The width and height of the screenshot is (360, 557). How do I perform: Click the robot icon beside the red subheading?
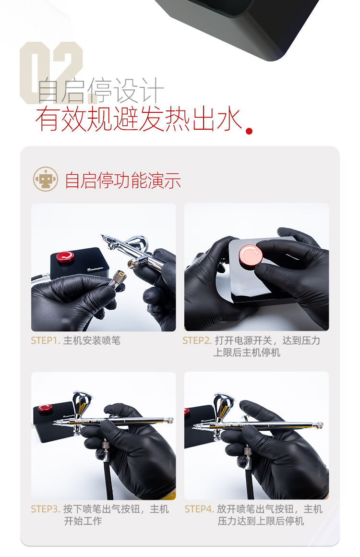click(46, 179)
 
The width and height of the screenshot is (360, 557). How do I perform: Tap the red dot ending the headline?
click(249, 131)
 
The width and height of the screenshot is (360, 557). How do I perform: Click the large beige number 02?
click(51, 73)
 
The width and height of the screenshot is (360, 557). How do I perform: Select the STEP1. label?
click(46, 340)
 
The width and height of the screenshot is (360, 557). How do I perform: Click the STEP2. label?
click(197, 340)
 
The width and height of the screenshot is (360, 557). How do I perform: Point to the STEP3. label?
click(46, 509)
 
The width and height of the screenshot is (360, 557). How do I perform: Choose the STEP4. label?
click(199, 509)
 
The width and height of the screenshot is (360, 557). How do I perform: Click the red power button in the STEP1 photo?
click(65, 256)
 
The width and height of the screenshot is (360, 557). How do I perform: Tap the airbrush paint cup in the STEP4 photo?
click(224, 404)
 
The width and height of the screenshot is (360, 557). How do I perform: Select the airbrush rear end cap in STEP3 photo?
click(170, 420)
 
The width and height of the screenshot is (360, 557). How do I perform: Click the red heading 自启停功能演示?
click(123, 180)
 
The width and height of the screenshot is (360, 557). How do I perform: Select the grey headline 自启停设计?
click(100, 91)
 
